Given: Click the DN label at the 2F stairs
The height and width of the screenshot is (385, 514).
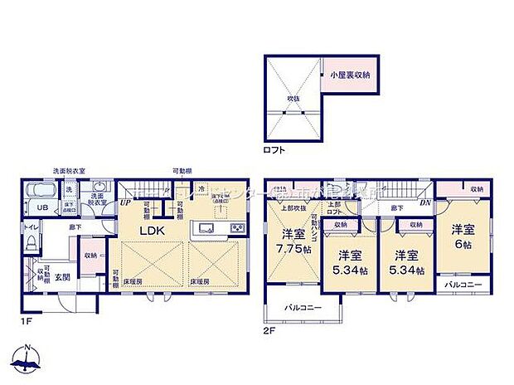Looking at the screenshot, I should tap(425, 202).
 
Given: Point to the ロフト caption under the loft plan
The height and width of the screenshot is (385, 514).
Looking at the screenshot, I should tap(274, 150).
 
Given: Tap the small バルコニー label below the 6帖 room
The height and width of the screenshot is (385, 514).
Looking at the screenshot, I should tap(461, 284).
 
